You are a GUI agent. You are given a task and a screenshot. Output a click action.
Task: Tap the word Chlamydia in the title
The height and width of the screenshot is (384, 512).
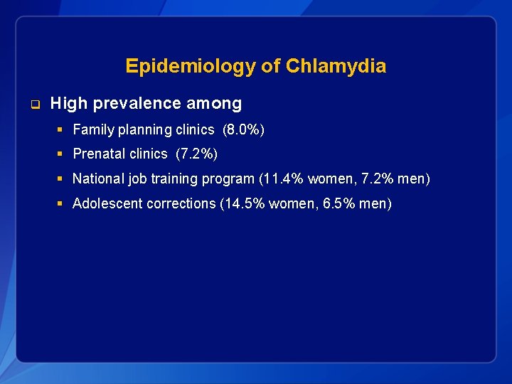point(336,67)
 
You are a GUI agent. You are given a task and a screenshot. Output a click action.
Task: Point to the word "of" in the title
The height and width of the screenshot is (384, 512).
point(271,67)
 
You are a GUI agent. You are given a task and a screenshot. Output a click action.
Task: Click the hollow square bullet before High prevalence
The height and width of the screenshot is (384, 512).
point(33,105)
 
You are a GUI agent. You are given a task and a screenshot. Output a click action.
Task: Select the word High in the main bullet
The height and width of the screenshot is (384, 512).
point(68,104)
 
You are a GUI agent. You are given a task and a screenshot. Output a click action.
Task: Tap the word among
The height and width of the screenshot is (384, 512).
point(214,104)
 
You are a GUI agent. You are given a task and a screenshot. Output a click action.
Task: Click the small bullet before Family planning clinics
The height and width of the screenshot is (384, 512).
point(62,129)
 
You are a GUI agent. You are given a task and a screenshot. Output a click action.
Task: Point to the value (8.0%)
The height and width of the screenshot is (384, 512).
point(243,129)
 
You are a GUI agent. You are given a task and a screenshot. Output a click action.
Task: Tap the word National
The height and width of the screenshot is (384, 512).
point(96,178)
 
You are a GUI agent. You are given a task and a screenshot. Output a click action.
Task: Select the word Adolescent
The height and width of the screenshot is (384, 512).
point(108,203)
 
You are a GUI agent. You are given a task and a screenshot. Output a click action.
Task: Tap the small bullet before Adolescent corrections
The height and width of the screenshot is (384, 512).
point(62,203)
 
